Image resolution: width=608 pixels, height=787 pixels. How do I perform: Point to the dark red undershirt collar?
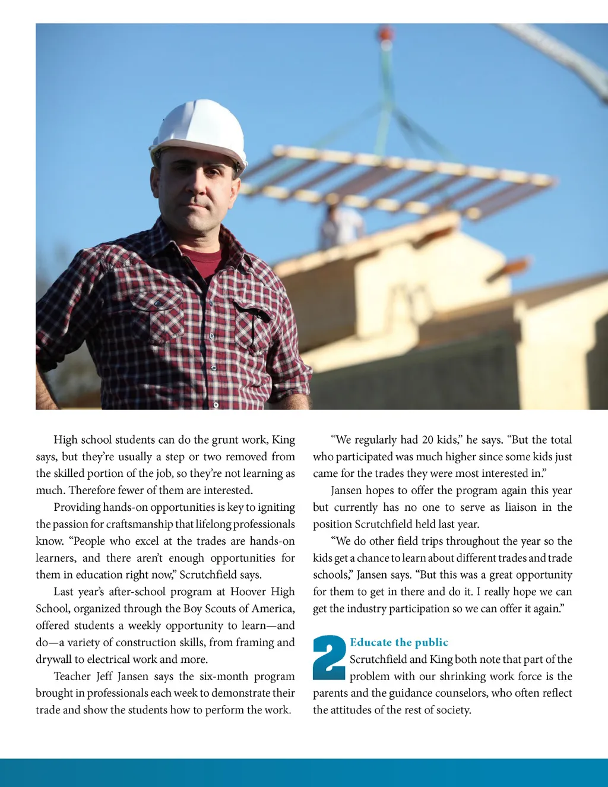click(202, 262)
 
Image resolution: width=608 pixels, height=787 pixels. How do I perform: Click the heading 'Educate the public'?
click(398, 642)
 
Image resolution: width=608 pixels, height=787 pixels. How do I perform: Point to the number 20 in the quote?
click(427, 440)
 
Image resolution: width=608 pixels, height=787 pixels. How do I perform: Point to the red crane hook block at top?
click(386, 32)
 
